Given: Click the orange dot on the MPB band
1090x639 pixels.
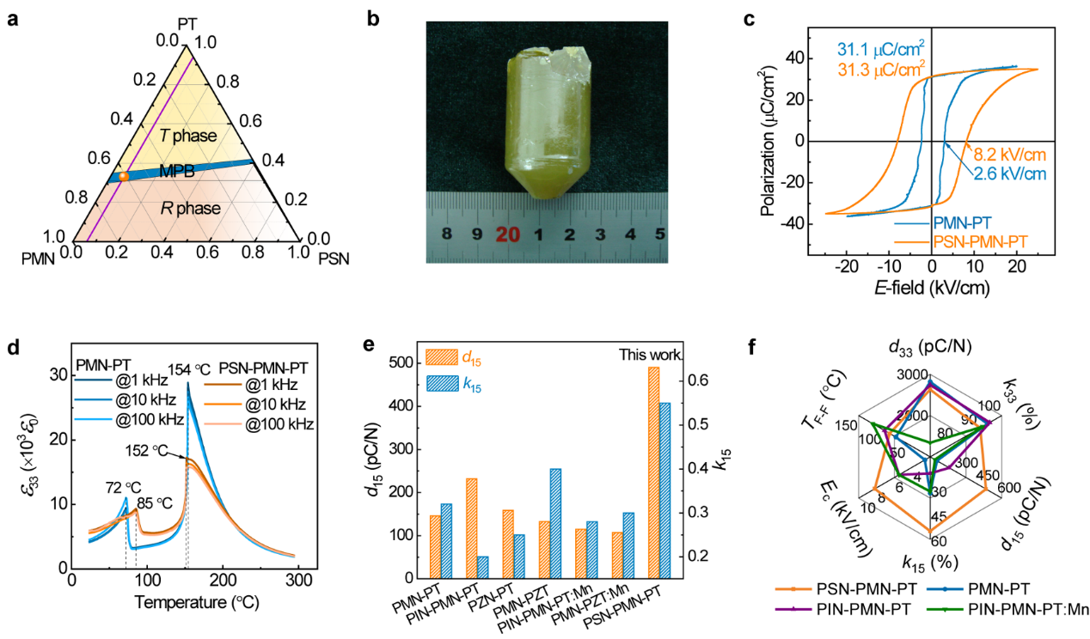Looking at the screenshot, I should (x=123, y=175).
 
